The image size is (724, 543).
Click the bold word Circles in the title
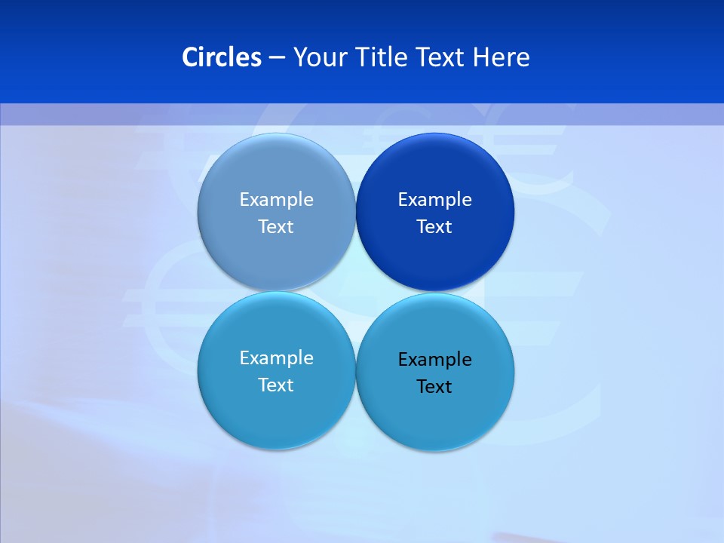coord(222,57)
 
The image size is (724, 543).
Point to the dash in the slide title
coord(277,58)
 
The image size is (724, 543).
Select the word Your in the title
coord(318,57)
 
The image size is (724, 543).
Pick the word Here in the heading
coord(502,57)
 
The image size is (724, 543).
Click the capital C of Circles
coord(190,57)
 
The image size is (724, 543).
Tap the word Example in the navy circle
coord(435,199)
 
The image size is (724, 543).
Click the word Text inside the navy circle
coord(434,226)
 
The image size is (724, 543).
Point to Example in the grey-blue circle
coord(277,199)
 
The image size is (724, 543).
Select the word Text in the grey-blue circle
coord(276,226)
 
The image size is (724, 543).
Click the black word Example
coord(435,359)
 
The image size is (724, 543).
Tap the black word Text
coord(434,386)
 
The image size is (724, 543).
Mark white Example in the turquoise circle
coord(277,357)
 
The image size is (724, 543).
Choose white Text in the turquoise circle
coord(276,385)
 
